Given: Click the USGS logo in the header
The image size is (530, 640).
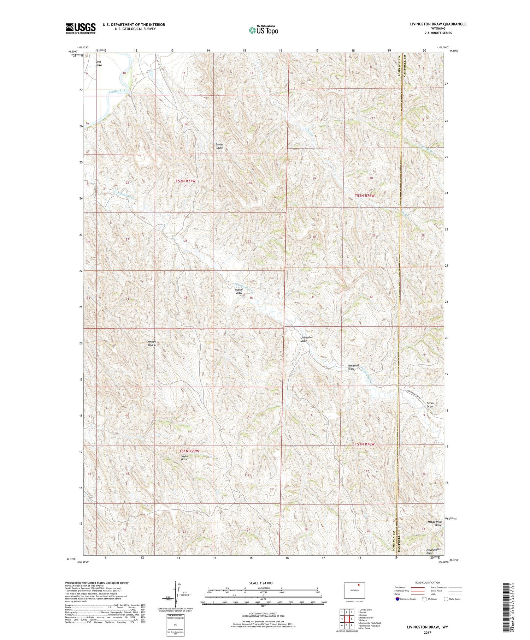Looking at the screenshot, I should tap(81, 28).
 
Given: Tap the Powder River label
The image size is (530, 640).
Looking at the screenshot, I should tap(118, 90).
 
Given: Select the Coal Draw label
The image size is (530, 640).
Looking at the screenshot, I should tap(99, 63).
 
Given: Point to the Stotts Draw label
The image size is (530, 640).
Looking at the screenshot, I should tap(220, 146).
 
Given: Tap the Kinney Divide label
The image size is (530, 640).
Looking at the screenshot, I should tap(152, 343).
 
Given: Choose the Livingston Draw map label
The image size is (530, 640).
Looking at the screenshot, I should tap(306, 339).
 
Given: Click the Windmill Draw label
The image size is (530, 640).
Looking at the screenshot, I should tap(351, 367).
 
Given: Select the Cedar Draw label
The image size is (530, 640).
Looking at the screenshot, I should tap(430, 405).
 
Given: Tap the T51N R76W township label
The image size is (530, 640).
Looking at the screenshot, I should tap(364, 444).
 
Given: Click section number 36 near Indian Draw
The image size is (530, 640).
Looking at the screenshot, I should tap(251, 298).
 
